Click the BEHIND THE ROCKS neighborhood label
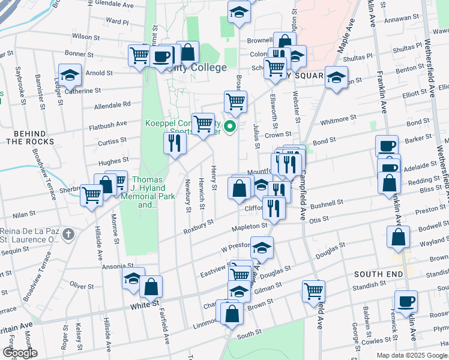point(30,137)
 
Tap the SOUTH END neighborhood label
point(377,274)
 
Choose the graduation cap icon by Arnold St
point(70,75)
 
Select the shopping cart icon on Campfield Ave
point(313,291)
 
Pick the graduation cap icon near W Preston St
point(262,247)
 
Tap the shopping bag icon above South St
point(232,313)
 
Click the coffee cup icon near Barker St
point(387,146)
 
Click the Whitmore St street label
point(339,120)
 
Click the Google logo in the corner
point(20,353)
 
